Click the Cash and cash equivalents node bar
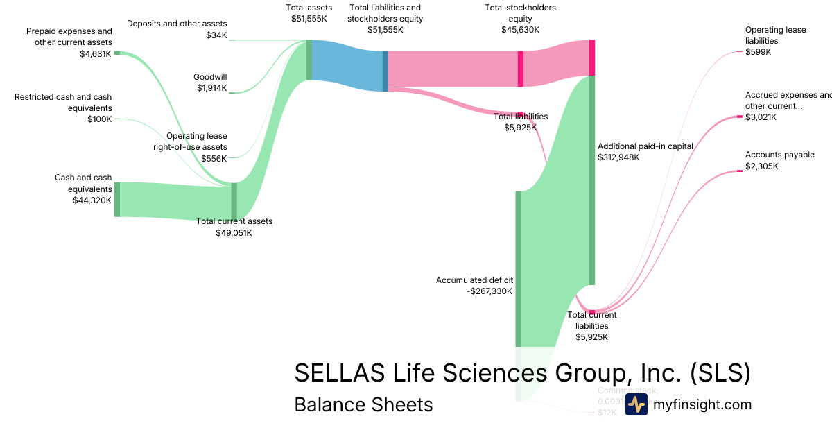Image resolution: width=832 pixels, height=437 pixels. pyautogui.click(x=117, y=199)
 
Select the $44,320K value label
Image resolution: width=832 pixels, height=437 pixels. pyautogui.click(x=92, y=200)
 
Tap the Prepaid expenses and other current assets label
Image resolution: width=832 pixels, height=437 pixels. pyautogui.click(x=69, y=37)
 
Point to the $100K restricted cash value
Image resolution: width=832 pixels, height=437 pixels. pyautogui.click(x=100, y=119)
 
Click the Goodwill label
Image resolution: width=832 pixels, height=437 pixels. pyautogui.click(x=211, y=77)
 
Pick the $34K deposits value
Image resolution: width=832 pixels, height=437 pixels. pyautogui.click(x=216, y=35)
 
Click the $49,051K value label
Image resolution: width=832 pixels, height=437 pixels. pyautogui.click(x=234, y=233)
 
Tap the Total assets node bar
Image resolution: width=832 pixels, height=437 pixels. pyautogui.click(x=309, y=60)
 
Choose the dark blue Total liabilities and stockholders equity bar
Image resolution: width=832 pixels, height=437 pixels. pyautogui.click(x=385, y=70)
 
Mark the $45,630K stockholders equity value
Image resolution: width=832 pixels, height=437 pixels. pyautogui.click(x=520, y=30)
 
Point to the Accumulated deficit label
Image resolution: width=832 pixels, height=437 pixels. pyautogui.click(x=474, y=280)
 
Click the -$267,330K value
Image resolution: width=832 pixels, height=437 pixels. pyautogui.click(x=489, y=291)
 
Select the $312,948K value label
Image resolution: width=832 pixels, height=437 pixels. pyautogui.click(x=618, y=157)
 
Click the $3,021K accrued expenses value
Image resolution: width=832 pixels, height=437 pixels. pyautogui.click(x=761, y=117)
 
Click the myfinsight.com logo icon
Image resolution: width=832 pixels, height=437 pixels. pyautogui.click(x=636, y=404)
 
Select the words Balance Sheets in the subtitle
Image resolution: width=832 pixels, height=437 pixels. pyautogui.click(x=363, y=404)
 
